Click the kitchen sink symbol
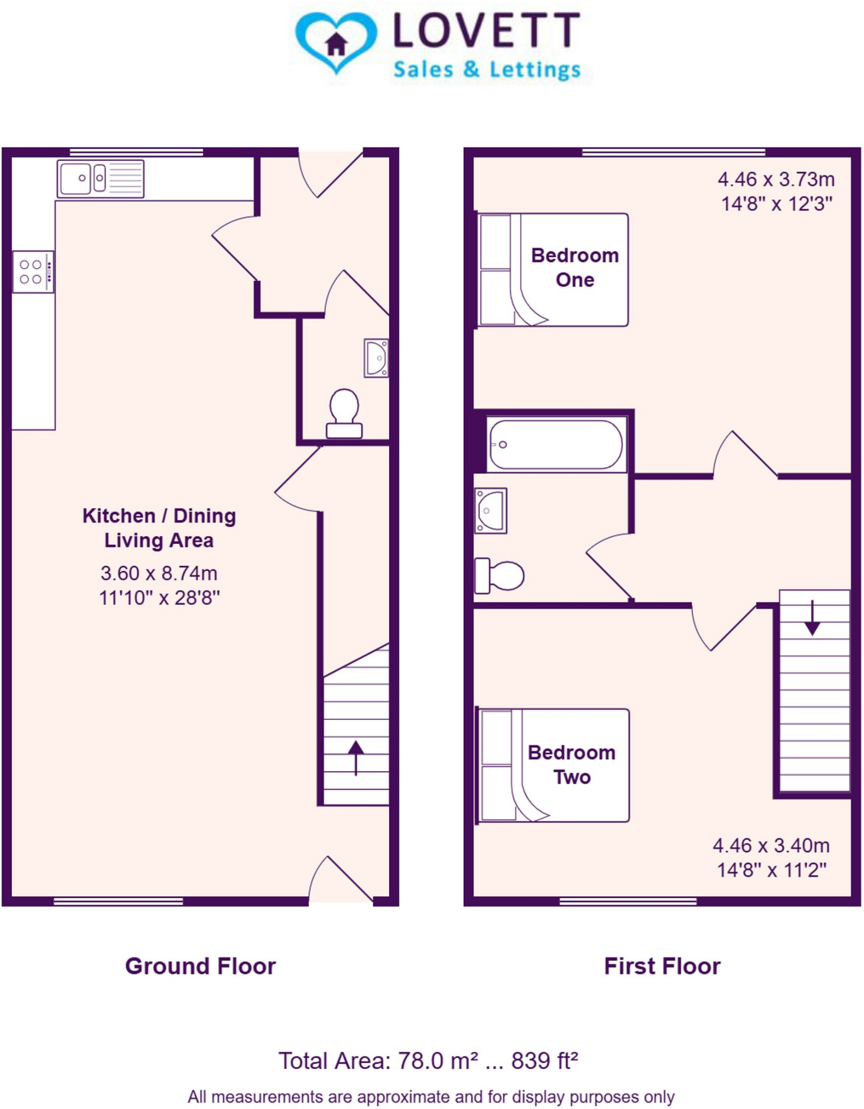pos(100,178)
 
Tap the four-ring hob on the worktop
pos(33,272)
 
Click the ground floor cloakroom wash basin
pos(376,358)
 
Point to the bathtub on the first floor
pos(556,445)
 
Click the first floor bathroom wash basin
pos(490,511)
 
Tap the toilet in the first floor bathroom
pos(499,576)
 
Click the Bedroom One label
pos(574,268)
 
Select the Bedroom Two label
pos(571,765)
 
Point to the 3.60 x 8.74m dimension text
pos(159,573)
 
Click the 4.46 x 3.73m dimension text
pos(776,179)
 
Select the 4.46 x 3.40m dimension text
pos(771,845)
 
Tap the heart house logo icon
pos(336,42)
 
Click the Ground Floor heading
pos(200,967)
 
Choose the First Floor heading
pos(662,967)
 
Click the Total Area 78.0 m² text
pos(428,1061)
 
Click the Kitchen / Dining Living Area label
pos(159,528)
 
